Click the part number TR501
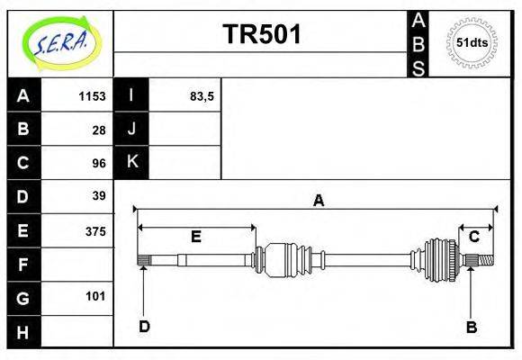(261, 34)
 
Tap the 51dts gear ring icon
(471, 42)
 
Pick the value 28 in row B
(99, 129)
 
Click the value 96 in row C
(99, 163)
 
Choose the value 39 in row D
(99, 196)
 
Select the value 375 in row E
(94, 230)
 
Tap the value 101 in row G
(95, 296)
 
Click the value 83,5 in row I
(202, 95)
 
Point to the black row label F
(23, 265)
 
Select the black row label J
(131, 129)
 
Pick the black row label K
(131, 162)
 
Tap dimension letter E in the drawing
(195, 237)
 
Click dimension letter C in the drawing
(473, 237)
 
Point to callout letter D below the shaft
(143, 327)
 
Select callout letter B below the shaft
(471, 327)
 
